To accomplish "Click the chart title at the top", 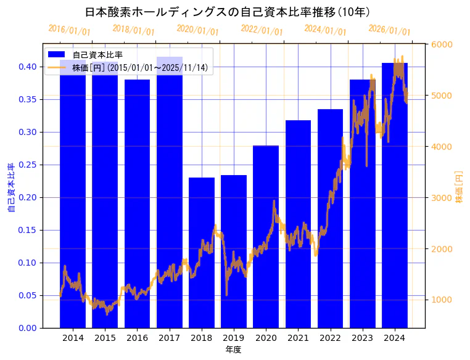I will (x=228, y=12).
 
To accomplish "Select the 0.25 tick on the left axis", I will (x=28, y=165).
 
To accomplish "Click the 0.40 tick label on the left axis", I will (x=28, y=67).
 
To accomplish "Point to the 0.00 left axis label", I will (x=28, y=328).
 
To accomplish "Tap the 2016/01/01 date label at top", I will (x=69, y=30).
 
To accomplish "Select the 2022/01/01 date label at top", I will (x=262, y=30).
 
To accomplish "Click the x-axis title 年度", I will (x=233, y=350).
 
